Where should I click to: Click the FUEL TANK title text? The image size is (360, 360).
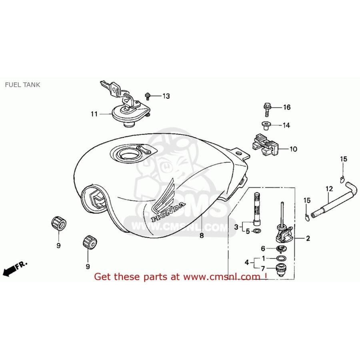click(22, 85)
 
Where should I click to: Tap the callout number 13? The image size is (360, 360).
click(166, 96)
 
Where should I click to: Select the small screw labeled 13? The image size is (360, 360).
click(148, 96)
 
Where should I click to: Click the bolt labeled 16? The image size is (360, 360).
click(267, 110)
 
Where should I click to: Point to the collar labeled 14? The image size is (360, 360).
click(266, 126)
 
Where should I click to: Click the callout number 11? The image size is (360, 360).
click(94, 114)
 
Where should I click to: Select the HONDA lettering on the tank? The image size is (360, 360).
click(168, 211)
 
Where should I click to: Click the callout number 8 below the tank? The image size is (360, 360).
click(202, 235)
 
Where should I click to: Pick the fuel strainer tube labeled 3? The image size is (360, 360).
click(257, 209)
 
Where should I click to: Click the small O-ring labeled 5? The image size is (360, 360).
click(257, 230)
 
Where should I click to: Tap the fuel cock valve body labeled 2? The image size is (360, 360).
click(285, 233)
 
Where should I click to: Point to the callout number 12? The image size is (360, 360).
click(329, 189)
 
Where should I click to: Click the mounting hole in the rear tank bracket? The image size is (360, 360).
click(239, 153)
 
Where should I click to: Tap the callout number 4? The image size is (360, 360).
click(247, 262)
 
